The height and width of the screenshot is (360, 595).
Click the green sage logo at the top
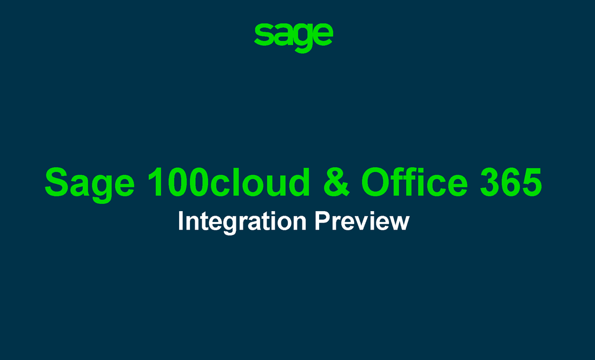(293, 37)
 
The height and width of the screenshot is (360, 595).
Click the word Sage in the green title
(90, 184)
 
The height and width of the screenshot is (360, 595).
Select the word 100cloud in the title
(229, 182)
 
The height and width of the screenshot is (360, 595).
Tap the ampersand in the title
(336, 182)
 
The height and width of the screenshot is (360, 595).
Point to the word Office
(414, 182)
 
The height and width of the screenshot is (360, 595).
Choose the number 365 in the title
(511, 182)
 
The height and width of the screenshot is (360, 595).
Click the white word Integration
(242, 222)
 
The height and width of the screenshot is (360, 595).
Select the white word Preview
(362, 221)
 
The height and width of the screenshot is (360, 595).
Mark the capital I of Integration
(181, 221)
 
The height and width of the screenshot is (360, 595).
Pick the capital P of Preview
(323, 221)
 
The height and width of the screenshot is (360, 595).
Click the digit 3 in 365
(490, 182)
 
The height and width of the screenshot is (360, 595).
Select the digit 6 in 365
(511, 182)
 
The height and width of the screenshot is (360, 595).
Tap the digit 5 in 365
(532, 182)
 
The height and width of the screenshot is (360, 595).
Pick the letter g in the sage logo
(302, 38)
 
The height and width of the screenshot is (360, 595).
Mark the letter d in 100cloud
(300, 182)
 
